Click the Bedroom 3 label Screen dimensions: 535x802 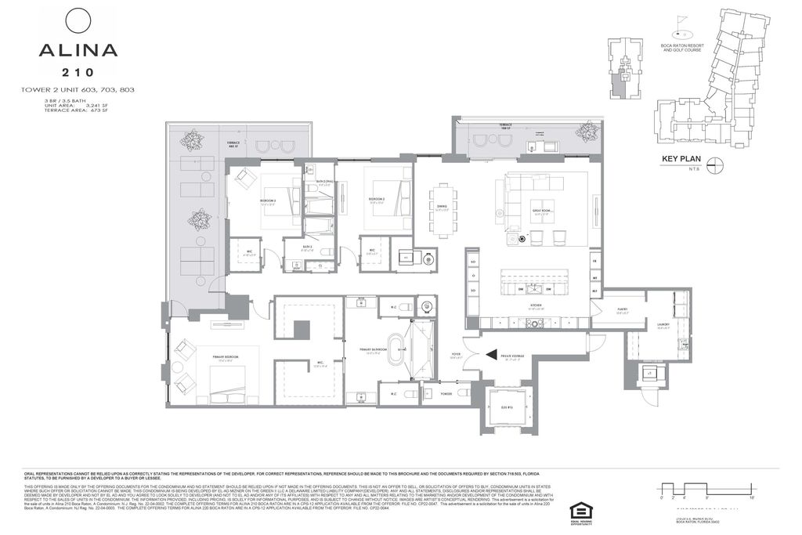(x=268, y=200)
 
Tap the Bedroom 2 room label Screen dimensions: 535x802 (x=377, y=200)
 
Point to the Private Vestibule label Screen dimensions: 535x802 (x=513, y=356)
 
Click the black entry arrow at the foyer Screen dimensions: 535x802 (x=491, y=356)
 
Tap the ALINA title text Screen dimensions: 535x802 (x=78, y=51)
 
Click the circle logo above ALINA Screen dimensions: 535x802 (x=78, y=20)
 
